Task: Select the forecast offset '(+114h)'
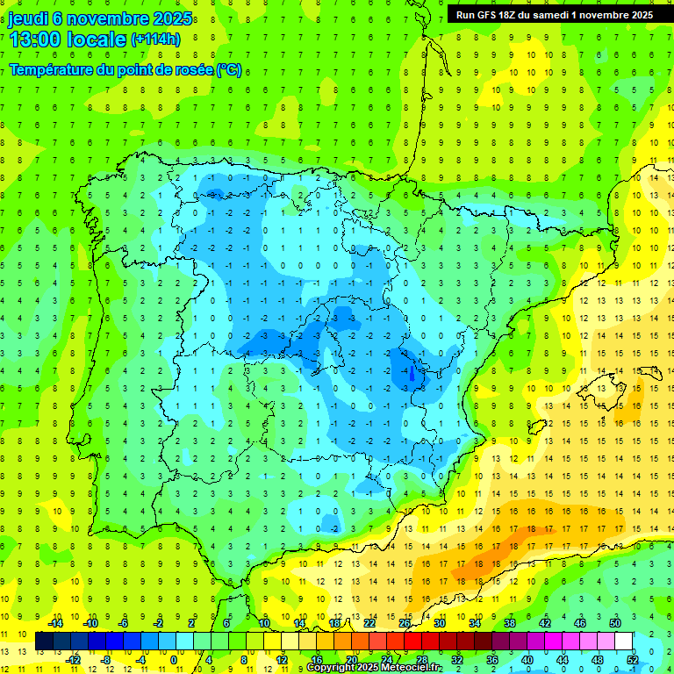155,39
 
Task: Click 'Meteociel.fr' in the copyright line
399,668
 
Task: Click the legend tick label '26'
405,623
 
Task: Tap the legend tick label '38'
510,623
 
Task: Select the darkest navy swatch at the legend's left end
45,642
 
